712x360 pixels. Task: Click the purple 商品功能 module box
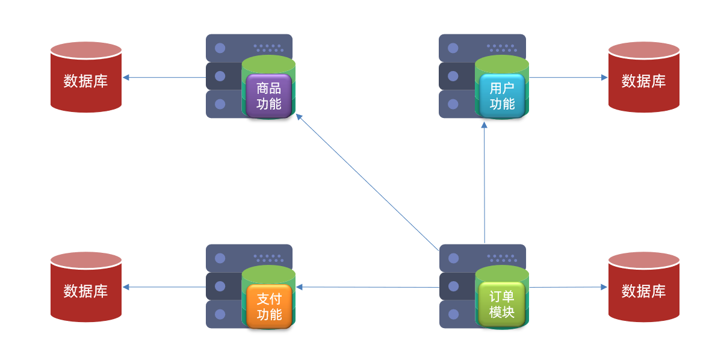(x=268, y=96)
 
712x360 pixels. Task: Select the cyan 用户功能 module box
(x=502, y=96)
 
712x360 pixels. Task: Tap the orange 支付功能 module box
(x=268, y=306)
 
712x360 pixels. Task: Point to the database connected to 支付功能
(x=86, y=287)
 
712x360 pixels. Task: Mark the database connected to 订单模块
(x=643, y=287)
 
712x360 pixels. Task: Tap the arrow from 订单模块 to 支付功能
(x=367, y=287)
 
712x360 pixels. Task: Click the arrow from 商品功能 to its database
(x=164, y=77)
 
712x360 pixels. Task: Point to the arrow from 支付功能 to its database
(x=164, y=287)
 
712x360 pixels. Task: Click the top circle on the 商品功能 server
(x=220, y=48)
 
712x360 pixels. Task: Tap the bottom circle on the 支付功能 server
(x=220, y=314)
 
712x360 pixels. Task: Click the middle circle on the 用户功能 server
(x=453, y=76)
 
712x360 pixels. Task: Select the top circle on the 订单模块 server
(x=453, y=258)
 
